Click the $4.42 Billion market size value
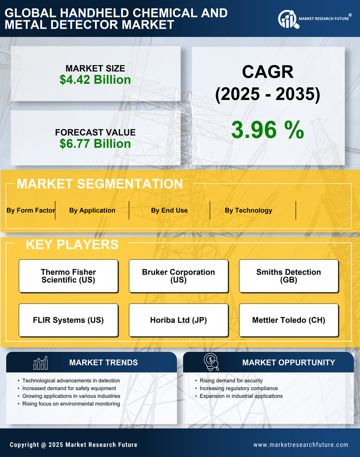pos(95,80)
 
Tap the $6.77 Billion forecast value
pos(95,144)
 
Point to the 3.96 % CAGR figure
pos(267,130)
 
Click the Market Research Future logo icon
pos(287,19)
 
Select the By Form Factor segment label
pos(31,210)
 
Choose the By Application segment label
pos(92,210)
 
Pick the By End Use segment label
pos(169,210)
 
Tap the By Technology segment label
pos(248,210)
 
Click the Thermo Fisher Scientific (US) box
pos(68,276)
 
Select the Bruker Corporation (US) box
pos(178,276)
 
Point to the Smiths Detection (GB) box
pos(289,276)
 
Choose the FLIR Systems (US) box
pos(68,320)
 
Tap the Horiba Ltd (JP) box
pos(178,320)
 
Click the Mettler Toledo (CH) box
pos(289,320)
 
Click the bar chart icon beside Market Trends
pos(41,363)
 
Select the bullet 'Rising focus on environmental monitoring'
pos(71,404)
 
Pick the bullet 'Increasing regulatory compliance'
pos(239,389)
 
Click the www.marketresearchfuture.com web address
pos(301,445)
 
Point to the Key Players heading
pos(72,244)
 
